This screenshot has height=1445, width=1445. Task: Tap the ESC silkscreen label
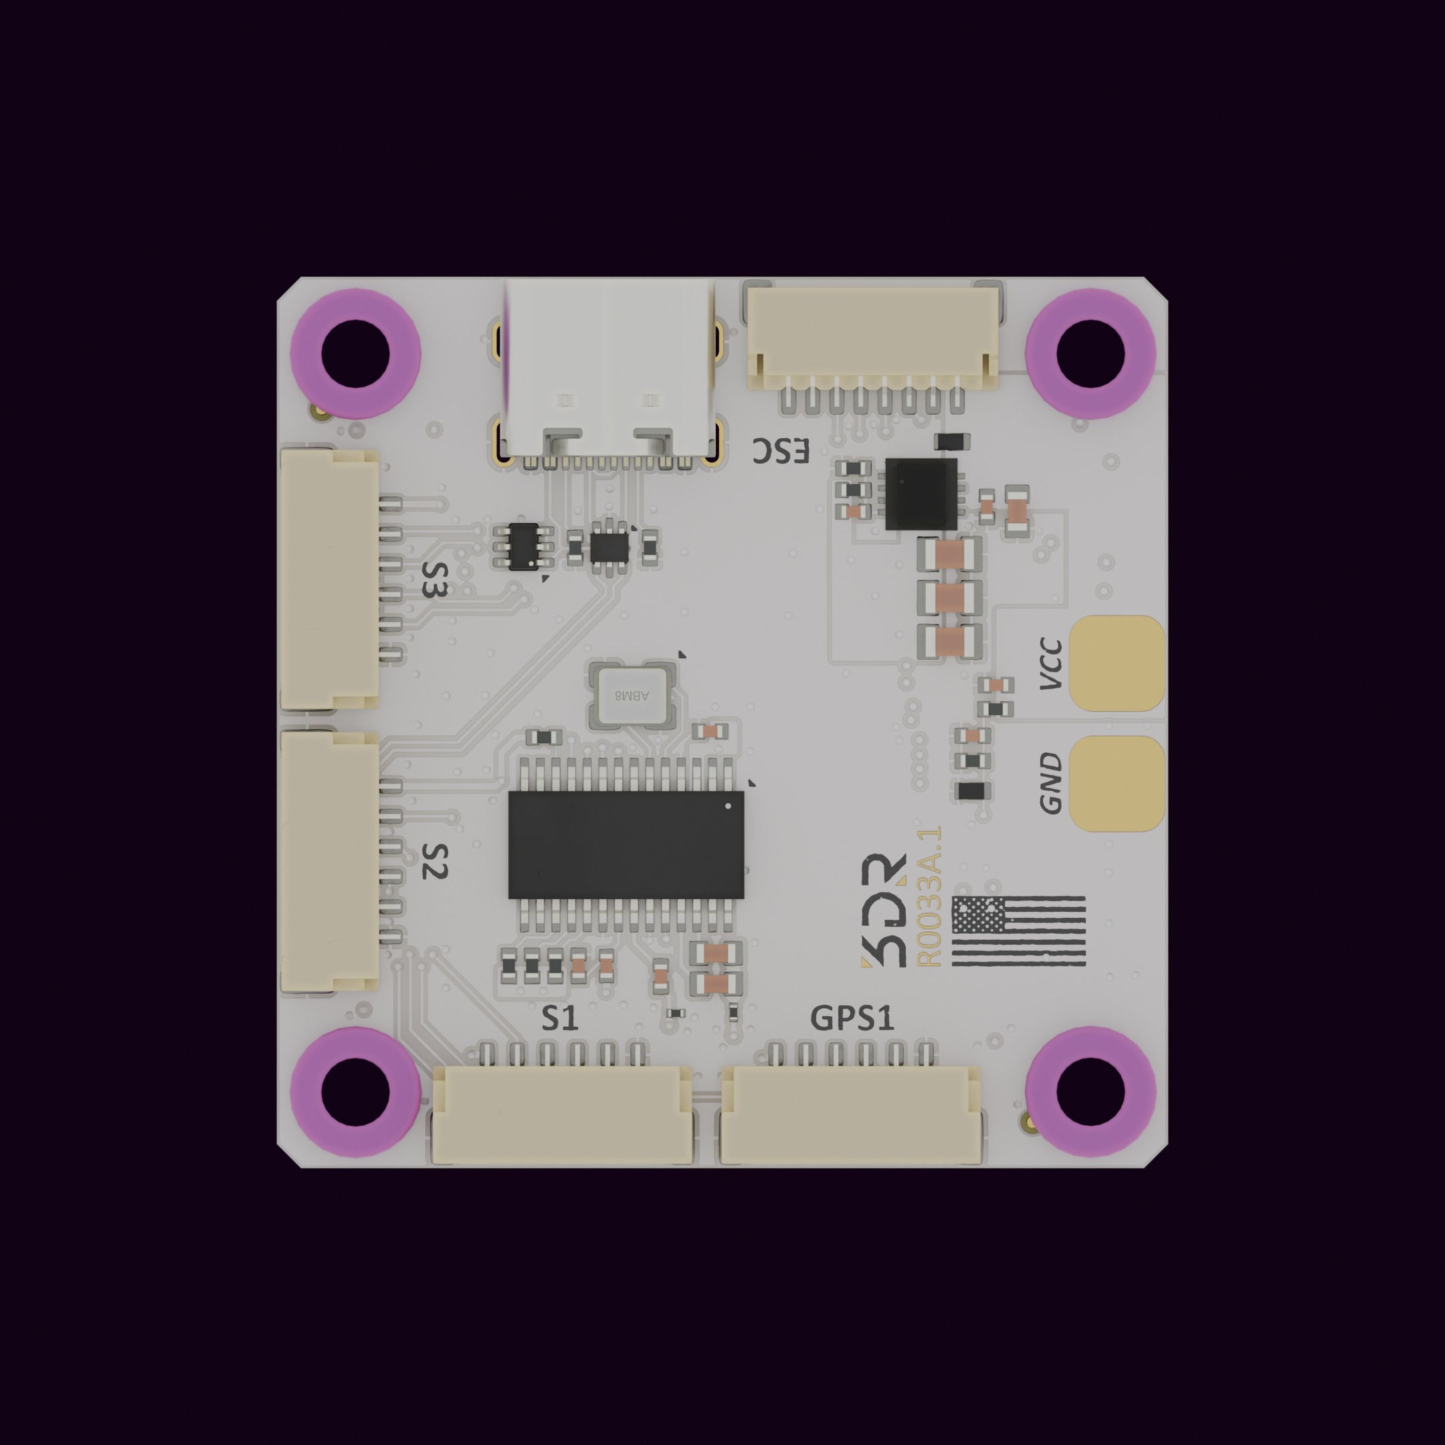coord(781,451)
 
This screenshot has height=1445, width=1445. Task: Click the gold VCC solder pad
coord(1117,663)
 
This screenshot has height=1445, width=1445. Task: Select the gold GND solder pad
coord(1117,783)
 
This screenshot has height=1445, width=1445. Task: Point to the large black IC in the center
coord(625,844)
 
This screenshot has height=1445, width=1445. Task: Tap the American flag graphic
coord(1018,931)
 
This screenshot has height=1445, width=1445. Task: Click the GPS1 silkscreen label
coord(852,1018)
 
